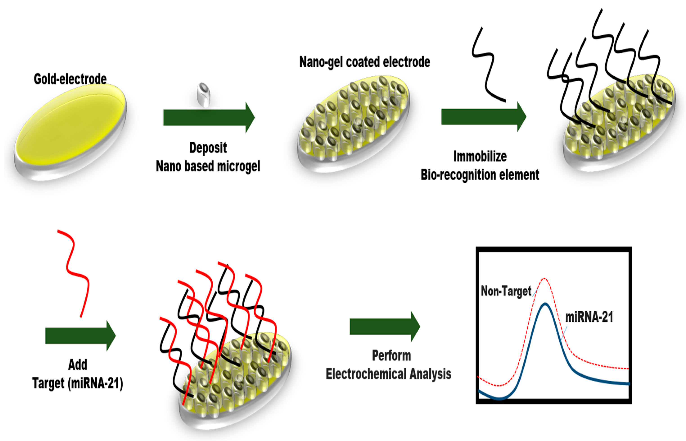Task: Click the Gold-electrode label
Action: click(70, 79)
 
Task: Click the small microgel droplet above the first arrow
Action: click(204, 95)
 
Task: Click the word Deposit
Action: click(208, 148)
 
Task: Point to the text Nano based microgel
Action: click(208, 166)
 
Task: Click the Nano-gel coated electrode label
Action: click(364, 62)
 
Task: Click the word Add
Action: click(78, 365)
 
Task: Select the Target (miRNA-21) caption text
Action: click(78, 383)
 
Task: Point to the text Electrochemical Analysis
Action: click(389, 374)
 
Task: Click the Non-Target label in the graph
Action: click(506, 291)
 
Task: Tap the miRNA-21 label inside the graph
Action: click(589, 317)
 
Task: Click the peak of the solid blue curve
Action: click(545, 304)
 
